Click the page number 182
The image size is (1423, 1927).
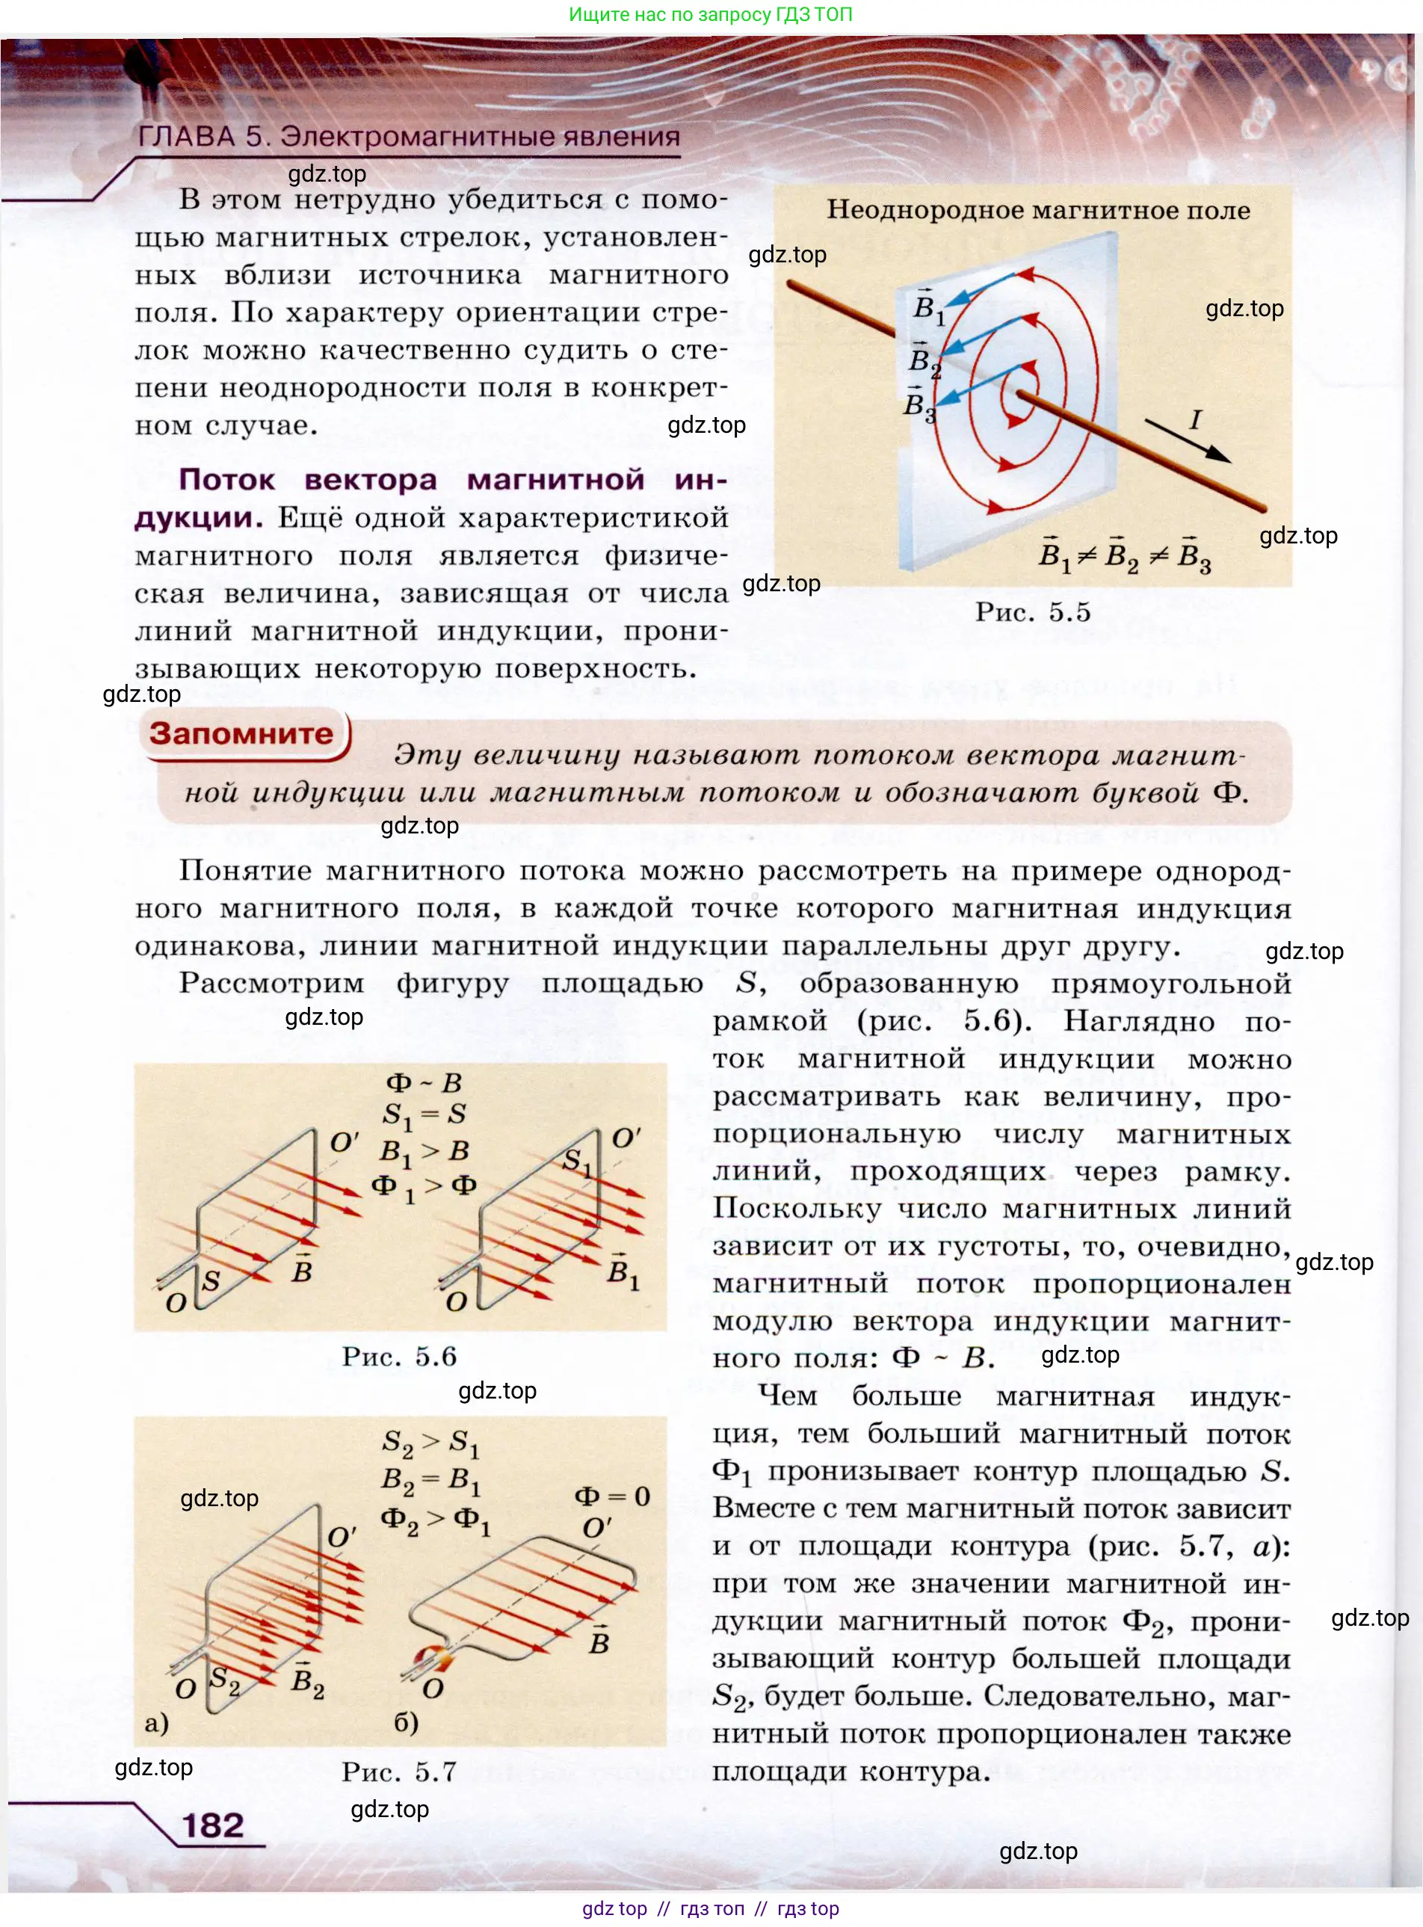(212, 1825)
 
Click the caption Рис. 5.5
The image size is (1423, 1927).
(1032, 611)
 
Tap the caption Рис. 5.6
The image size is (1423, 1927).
(399, 1357)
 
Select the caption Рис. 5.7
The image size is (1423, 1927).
(399, 1772)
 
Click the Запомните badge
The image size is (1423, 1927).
(241, 734)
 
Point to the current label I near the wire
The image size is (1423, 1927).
(1195, 419)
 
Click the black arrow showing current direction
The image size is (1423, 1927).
(1189, 441)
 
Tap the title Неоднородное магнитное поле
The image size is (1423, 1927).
(1038, 210)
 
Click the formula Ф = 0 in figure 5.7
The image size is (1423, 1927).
(611, 1496)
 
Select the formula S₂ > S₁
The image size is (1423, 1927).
(430, 1442)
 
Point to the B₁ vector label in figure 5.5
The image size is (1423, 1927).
(928, 306)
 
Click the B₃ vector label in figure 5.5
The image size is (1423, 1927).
(919, 405)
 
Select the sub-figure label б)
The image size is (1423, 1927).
(406, 1723)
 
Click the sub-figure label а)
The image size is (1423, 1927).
(157, 1723)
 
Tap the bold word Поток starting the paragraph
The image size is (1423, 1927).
(226, 480)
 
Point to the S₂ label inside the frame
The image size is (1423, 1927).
(224, 1678)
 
